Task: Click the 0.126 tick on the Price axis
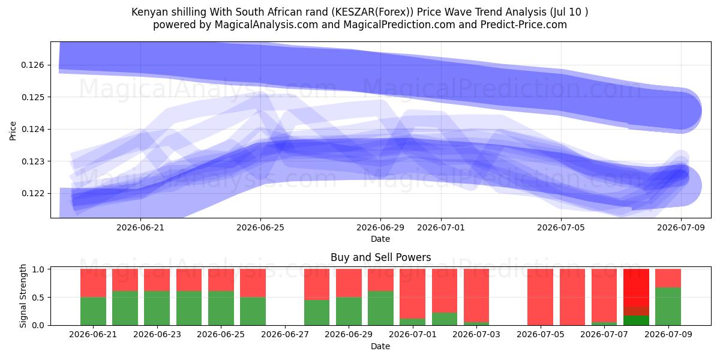coord(32,65)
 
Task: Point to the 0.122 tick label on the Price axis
coord(32,193)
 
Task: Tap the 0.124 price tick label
coord(32,130)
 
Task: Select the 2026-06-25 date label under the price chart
coord(260,227)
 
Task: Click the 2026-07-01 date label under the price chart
coord(440,227)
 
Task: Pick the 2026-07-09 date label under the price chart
coord(681,227)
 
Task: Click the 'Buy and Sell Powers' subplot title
coord(380,257)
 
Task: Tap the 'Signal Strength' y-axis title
coord(23,296)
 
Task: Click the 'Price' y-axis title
coord(13,131)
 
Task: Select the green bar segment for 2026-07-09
coord(668,307)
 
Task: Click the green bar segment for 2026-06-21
coord(93,311)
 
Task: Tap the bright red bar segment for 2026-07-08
coord(636,287)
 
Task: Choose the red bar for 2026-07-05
coord(541,297)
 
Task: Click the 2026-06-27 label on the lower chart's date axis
coord(285,334)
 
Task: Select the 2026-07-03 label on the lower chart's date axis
coord(476,334)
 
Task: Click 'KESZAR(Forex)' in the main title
coord(372,12)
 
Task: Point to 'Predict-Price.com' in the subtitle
coord(524,25)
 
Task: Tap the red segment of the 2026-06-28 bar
coord(317,284)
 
